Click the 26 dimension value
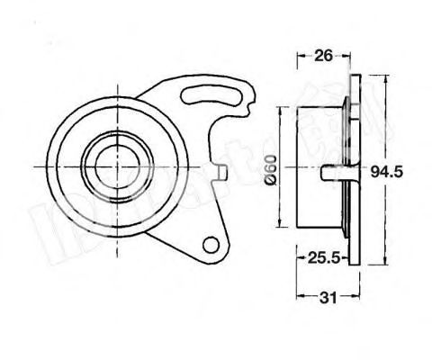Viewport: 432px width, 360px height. pos(324,56)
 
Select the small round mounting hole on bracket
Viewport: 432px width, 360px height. pos(211,244)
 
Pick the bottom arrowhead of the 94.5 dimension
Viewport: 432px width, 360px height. pos(385,265)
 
